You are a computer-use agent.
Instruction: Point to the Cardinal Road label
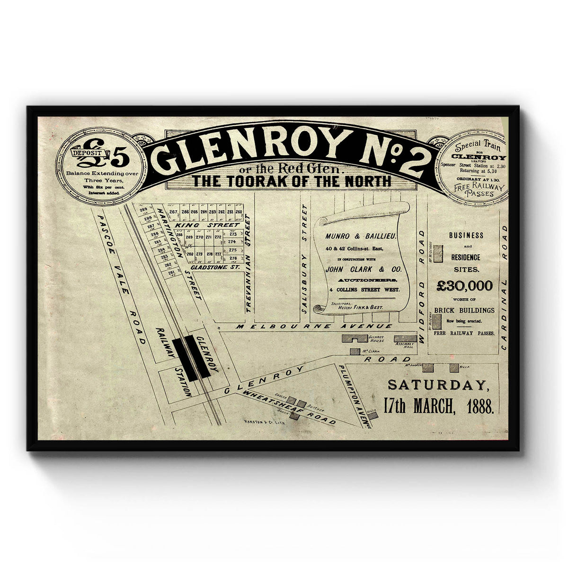tap(504, 286)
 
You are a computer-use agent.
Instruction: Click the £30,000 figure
tap(464, 285)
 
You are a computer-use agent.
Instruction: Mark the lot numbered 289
tap(143, 210)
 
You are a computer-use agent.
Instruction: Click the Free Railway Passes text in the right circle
tap(479, 188)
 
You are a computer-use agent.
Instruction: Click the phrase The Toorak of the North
tap(291, 181)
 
